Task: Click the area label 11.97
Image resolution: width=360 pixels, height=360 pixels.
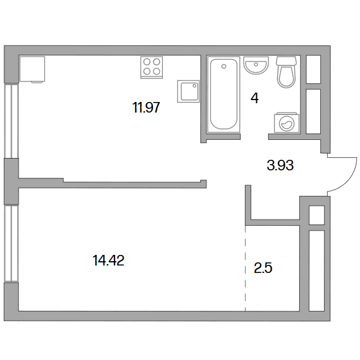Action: coord(146,107)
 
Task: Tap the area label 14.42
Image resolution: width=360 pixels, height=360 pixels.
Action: coord(108,261)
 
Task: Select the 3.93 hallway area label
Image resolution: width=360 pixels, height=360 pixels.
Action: coord(280,165)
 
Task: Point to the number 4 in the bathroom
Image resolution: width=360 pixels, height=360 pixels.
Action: coord(255,98)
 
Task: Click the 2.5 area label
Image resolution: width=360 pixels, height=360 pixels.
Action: coord(263,268)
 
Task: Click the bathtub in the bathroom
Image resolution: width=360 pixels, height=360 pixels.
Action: coord(224,95)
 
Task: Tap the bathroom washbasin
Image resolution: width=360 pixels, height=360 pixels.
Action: coord(256,65)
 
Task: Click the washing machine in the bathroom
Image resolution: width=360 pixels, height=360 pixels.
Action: coord(287,122)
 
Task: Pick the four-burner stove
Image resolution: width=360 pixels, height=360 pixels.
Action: coord(152,68)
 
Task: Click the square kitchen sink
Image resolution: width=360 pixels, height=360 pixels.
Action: coord(188,91)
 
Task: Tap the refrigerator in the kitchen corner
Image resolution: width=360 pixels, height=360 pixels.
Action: coord(32,69)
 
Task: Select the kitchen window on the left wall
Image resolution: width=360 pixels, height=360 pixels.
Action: coord(11,121)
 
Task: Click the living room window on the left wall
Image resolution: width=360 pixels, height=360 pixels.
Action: coord(11,243)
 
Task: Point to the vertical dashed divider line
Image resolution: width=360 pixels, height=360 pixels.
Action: coord(245,268)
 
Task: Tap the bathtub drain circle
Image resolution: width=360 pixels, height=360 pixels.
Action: coord(224,67)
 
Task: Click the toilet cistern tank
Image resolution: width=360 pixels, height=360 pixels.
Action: coord(286,61)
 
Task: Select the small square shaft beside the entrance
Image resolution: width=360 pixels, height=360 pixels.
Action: coord(316,215)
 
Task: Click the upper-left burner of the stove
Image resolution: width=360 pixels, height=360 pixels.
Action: coord(147,62)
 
